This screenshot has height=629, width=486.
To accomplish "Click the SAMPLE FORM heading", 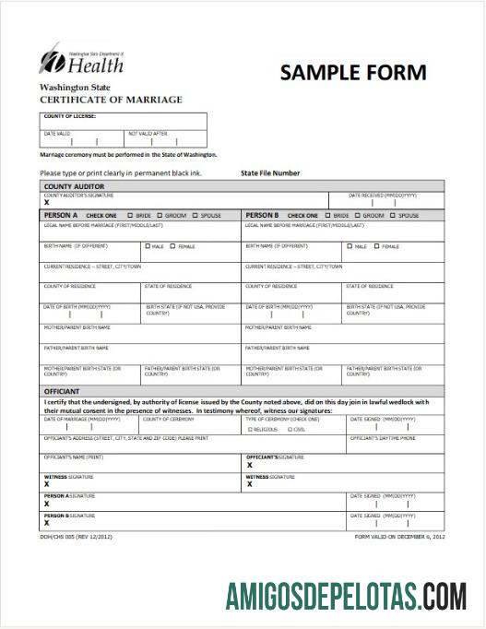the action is (x=353, y=73).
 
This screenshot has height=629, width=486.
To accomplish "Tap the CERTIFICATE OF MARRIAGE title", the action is (x=111, y=100).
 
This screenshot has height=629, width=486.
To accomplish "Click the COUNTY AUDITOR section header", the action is (x=75, y=186).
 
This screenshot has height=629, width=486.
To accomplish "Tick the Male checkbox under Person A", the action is (x=148, y=247).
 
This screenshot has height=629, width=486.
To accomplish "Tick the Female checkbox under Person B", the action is (x=376, y=247).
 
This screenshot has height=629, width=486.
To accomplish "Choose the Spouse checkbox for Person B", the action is (x=392, y=215).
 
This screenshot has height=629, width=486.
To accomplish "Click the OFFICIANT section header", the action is (x=63, y=391).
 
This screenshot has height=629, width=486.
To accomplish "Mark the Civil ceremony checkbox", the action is (x=290, y=429).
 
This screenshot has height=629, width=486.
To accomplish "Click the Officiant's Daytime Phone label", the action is (x=382, y=438).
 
